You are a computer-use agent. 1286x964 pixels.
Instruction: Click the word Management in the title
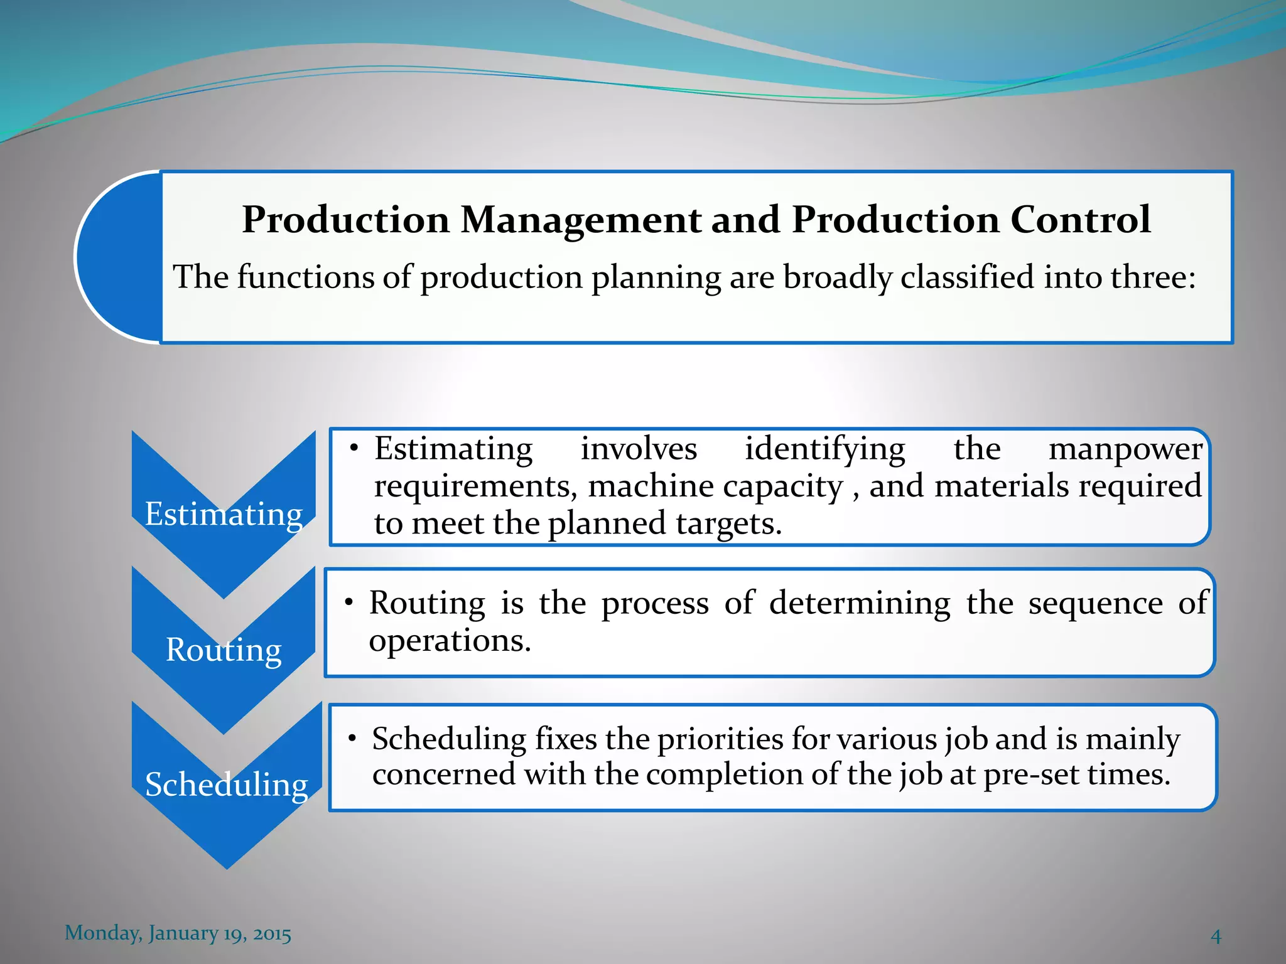click(x=581, y=220)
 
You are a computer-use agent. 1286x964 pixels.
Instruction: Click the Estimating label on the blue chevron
click(x=224, y=514)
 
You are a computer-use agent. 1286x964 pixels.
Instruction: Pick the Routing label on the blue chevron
click(x=224, y=650)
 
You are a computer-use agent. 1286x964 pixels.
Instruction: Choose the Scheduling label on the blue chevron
click(x=226, y=785)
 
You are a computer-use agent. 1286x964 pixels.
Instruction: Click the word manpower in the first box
click(x=1125, y=449)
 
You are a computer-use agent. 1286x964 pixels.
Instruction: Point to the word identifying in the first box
click(x=824, y=449)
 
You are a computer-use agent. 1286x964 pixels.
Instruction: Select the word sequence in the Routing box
click(x=1095, y=603)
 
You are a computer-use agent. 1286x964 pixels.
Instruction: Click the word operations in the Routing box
click(x=450, y=641)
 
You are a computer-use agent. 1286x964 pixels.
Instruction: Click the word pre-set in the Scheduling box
click(x=1031, y=774)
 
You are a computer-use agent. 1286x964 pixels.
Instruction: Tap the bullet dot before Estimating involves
click(x=354, y=448)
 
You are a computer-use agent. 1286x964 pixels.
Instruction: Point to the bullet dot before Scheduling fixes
click(x=353, y=738)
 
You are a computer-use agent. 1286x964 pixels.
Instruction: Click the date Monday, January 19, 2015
click(x=178, y=933)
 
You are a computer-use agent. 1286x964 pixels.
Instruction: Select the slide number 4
click(x=1216, y=936)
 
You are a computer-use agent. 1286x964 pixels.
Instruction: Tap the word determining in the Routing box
click(x=860, y=603)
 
